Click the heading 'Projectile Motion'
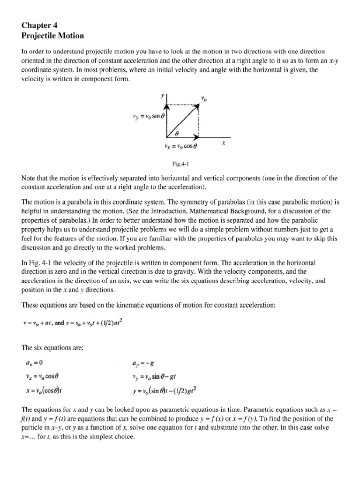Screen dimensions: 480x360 (x=55, y=36)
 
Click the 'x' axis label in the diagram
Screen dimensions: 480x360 (x=224, y=144)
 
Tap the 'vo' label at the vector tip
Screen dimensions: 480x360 (x=203, y=98)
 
